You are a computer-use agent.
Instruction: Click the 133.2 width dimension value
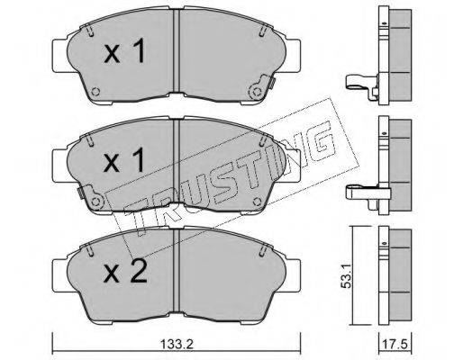point(177,345)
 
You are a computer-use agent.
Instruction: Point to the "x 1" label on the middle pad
point(124,161)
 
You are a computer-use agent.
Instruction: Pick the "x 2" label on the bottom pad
point(125,271)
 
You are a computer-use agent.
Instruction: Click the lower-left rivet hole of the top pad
point(95,92)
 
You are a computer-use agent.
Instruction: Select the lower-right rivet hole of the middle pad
point(257,202)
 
